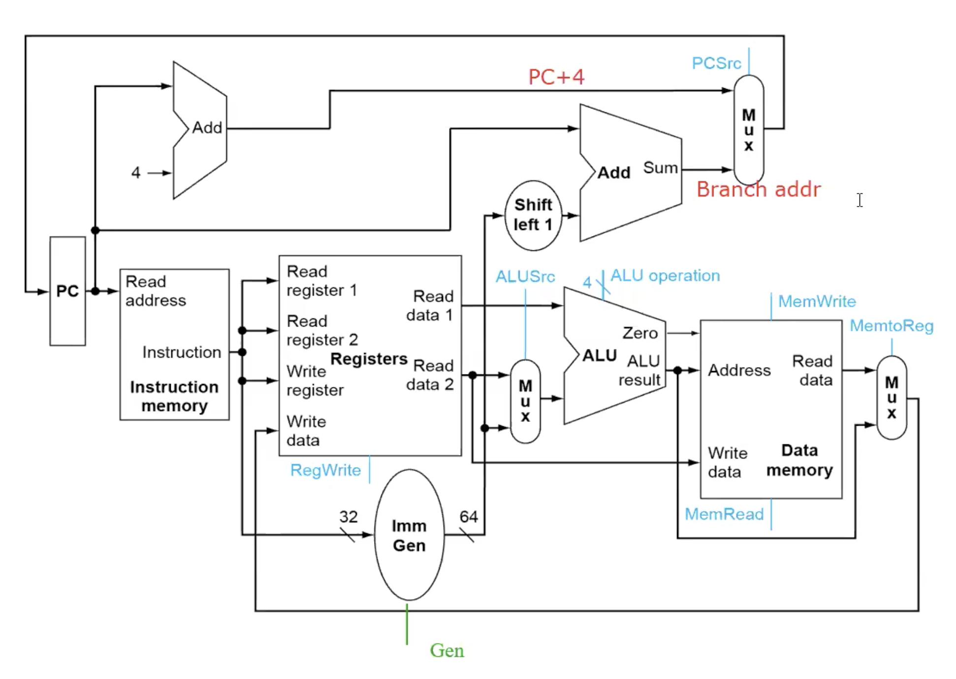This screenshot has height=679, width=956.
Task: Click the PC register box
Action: click(x=67, y=291)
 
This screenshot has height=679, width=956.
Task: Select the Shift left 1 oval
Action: click(x=533, y=215)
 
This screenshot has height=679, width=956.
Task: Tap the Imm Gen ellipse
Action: click(x=409, y=535)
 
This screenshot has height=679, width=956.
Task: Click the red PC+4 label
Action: click(x=556, y=77)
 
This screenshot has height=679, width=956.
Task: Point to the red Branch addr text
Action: click(x=759, y=189)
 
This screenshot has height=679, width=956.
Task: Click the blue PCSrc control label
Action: click(x=716, y=63)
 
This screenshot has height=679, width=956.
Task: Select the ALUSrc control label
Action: click(x=525, y=276)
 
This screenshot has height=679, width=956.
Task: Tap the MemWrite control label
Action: click(x=817, y=301)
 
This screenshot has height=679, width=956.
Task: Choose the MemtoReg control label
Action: click(x=892, y=326)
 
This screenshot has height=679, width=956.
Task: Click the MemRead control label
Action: click(x=724, y=514)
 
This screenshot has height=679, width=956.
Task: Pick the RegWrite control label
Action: click(x=325, y=470)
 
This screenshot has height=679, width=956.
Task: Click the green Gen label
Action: click(x=447, y=650)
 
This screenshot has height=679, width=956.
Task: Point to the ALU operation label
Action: click(x=665, y=275)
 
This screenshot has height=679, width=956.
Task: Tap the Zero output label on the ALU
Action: click(x=640, y=333)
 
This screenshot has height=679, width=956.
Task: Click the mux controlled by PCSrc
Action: click(x=749, y=130)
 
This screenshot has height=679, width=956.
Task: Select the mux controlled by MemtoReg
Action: click(x=892, y=397)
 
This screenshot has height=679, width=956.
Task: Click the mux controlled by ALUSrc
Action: click(x=525, y=401)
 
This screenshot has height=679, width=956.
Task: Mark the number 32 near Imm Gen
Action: click(x=349, y=516)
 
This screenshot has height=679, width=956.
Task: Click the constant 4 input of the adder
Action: click(x=136, y=172)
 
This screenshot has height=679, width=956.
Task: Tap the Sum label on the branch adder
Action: click(x=661, y=168)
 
